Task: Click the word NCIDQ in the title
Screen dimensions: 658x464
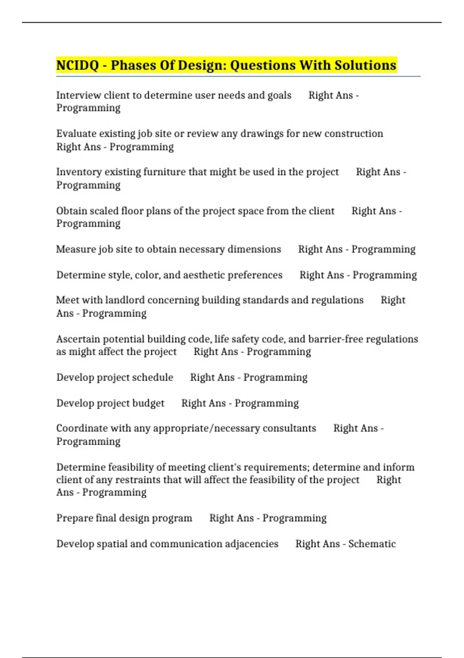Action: (77, 65)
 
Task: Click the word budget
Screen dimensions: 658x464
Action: (148, 403)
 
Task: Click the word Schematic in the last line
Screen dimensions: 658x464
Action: (372, 544)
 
